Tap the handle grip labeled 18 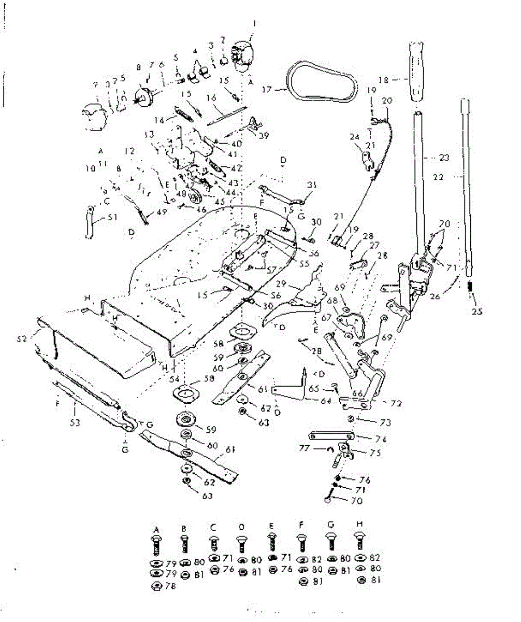(415, 73)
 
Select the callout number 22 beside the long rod (438, 177)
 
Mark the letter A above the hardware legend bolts (156, 529)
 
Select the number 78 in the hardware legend (170, 586)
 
